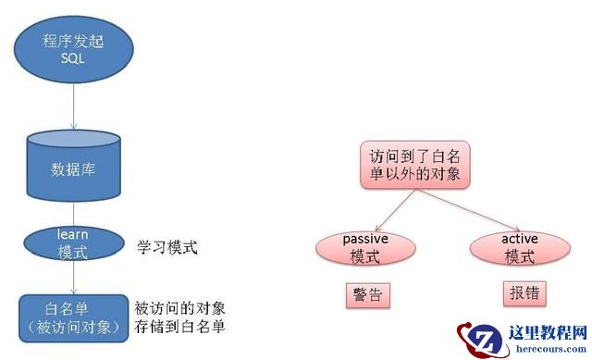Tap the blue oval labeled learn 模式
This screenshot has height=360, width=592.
point(71,242)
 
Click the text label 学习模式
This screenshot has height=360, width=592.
point(167,249)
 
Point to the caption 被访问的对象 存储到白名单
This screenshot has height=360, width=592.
point(180,317)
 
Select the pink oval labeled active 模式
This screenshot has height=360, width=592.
point(519,248)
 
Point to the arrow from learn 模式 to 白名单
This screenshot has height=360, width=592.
point(73,278)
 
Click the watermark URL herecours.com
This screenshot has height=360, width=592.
point(545,350)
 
